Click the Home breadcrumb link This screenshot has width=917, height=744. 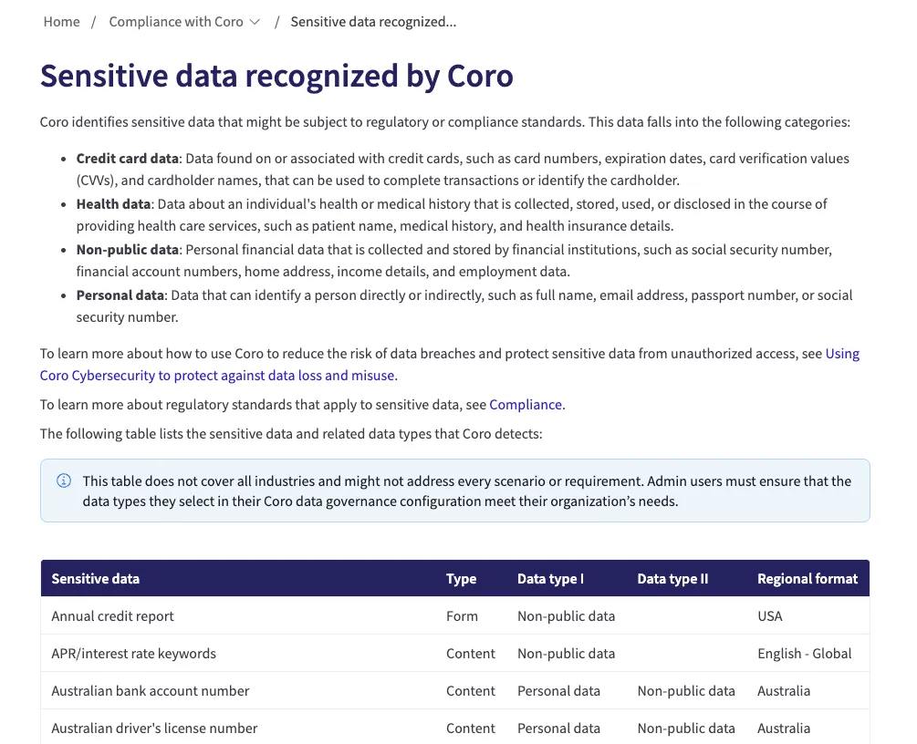(x=61, y=22)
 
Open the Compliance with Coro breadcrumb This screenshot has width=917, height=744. (x=176, y=22)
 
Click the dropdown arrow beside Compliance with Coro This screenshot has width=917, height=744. (x=255, y=22)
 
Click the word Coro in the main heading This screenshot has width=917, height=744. (x=480, y=76)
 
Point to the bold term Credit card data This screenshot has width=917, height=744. (x=127, y=159)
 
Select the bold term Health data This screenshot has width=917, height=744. (x=113, y=204)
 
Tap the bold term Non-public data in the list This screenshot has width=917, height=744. (x=127, y=250)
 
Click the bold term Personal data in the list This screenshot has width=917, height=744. (x=120, y=295)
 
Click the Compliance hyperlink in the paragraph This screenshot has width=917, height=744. (x=526, y=405)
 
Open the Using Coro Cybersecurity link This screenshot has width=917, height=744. (x=842, y=354)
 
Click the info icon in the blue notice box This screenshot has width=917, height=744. (x=64, y=481)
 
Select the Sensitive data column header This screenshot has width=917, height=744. (x=95, y=579)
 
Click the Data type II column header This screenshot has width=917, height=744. (x=672, y=579)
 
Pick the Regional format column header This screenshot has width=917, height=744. (x=808, y=579)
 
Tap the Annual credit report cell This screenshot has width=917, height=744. (x=112, y=616)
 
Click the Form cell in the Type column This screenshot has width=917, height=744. (x=462, y=616)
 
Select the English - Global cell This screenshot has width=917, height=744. (x=804, y=654)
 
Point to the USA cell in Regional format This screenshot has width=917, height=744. (x=769, y=616)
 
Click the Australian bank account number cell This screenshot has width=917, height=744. (x=151, y=691)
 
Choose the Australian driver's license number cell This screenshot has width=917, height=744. (x=154, y=728)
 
